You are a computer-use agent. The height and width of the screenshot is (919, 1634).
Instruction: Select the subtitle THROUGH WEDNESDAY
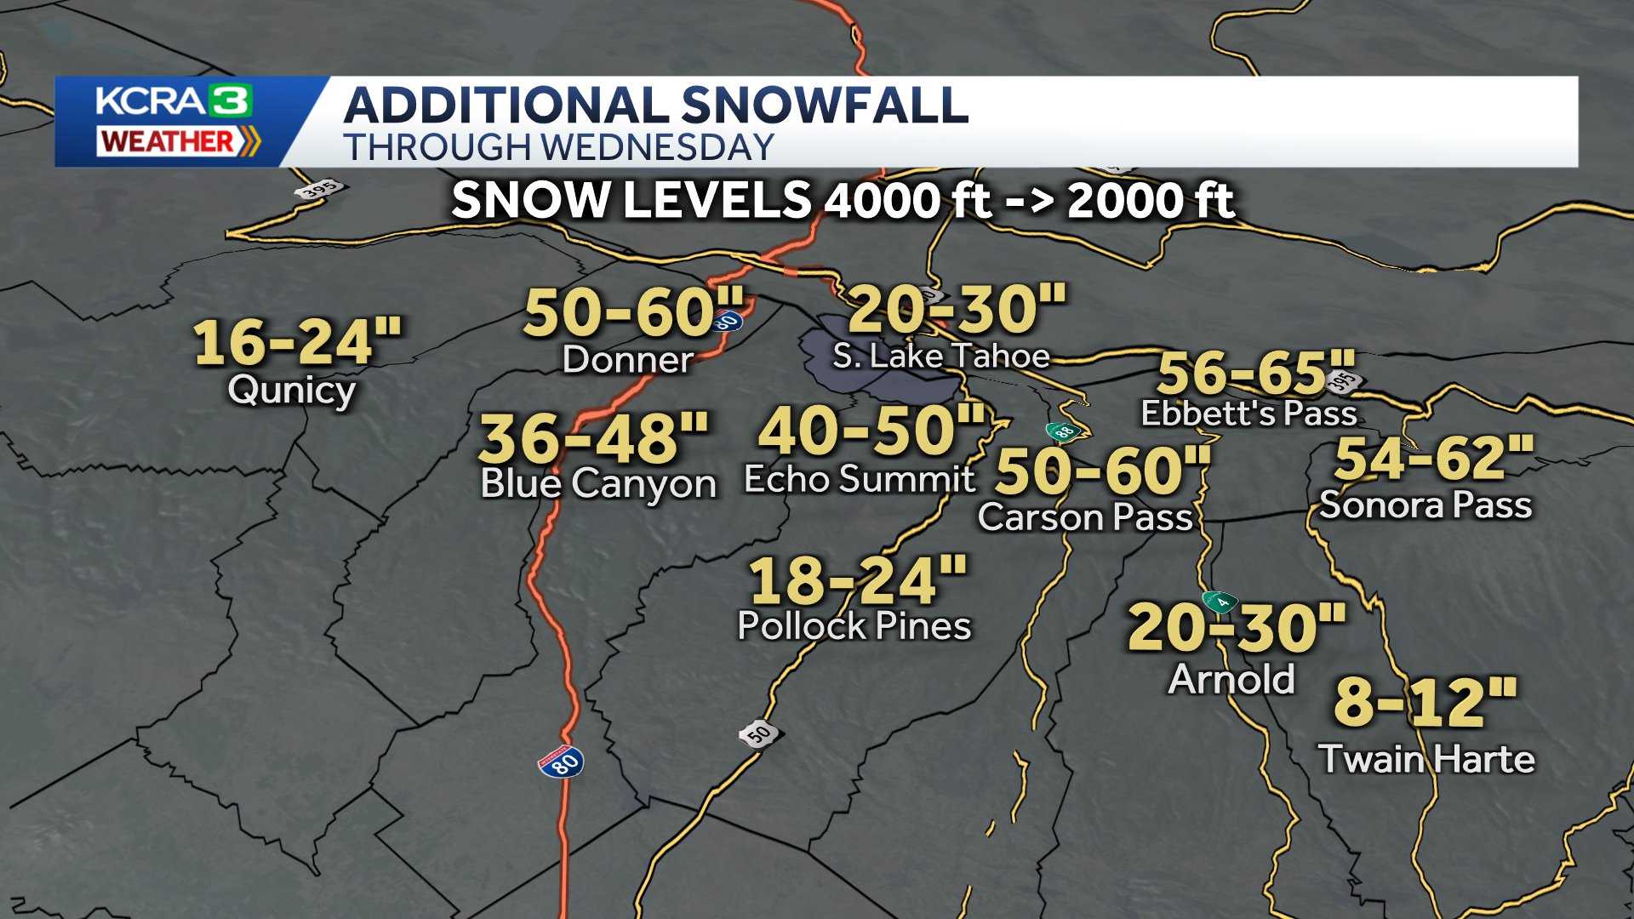558,147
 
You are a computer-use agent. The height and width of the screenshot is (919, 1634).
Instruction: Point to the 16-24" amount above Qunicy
297,342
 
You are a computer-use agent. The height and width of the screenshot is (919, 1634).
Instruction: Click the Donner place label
628,360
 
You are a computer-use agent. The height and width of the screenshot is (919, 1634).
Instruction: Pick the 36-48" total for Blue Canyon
594,438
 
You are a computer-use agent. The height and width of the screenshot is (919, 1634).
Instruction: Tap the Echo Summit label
860,479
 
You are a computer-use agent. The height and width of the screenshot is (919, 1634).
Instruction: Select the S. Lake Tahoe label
940,356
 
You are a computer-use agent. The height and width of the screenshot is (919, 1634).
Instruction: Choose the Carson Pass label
1085,517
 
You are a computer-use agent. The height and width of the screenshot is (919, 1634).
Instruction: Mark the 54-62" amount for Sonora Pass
1434,458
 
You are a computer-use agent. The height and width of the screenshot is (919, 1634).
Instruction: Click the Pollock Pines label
854,626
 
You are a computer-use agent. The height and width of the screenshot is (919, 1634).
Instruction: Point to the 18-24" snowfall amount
858,580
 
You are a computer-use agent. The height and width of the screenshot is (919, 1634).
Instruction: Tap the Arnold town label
1231,679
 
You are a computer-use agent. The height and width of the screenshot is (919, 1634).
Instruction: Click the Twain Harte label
1427,759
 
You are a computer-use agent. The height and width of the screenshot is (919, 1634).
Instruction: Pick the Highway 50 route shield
759,733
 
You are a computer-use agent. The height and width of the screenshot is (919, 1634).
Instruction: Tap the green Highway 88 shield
1064,431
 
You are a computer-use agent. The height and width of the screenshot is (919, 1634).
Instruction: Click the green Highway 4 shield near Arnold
1221,602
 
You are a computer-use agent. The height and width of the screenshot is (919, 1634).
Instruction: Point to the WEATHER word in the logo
168,141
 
